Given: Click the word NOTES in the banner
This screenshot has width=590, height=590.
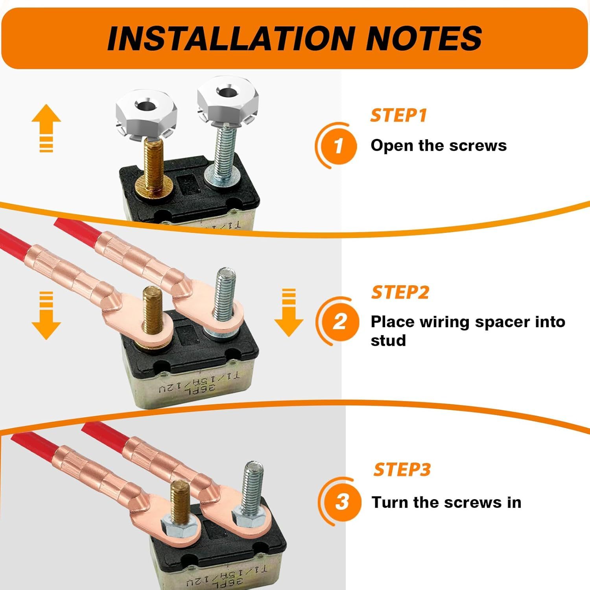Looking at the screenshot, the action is (424, 38).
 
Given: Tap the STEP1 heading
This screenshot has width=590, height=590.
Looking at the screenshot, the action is (398, 115).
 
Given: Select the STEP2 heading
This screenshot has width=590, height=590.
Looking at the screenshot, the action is (400, 292).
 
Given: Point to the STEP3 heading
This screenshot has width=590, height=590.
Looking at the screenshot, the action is (402, 470).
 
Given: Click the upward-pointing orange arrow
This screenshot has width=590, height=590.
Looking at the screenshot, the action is (46, 128).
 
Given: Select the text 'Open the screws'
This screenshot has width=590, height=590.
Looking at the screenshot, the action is (439, 146).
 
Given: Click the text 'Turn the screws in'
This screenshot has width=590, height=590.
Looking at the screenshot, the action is (446, 502).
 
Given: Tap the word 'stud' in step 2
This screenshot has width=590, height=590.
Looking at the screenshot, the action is (388, 340).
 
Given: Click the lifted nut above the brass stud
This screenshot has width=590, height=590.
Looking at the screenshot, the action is (146, 114).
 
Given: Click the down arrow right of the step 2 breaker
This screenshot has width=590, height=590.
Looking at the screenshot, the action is (289, 313).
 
